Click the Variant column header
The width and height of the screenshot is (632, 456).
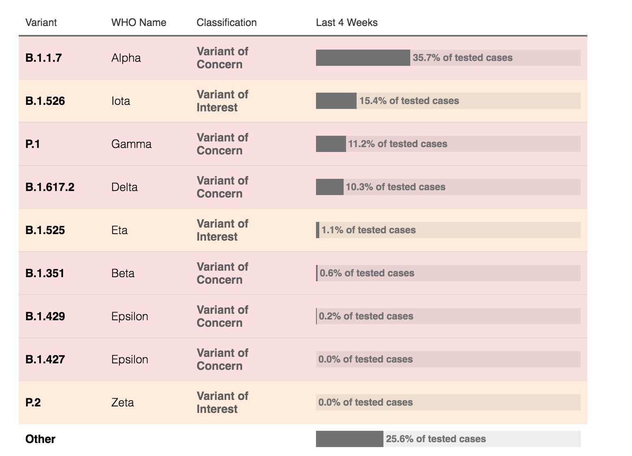click(41, 22)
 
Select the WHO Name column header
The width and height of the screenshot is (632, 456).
click(139, 22)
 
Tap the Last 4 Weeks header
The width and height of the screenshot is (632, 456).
click(346, 22)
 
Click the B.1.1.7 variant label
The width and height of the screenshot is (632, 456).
click(43, 58)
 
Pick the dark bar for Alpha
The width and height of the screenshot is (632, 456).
click(363, 58)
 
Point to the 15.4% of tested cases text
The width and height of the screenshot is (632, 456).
click(409, 101)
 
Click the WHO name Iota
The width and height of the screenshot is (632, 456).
click(121, 101)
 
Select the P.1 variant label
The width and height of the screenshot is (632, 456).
click(32, 144)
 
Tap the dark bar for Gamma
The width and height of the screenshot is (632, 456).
click(331, 144)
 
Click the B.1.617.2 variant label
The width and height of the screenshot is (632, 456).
click(50, 187)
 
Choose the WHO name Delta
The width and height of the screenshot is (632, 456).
click(124, 187)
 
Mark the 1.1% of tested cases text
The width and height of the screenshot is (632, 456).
click(368, 230)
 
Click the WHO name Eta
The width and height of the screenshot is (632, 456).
click(119, 230)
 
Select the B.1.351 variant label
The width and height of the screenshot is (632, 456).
click(45, 273)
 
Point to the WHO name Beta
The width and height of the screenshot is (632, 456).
click(123, 273)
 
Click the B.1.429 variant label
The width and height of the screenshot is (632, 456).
click(45, 316)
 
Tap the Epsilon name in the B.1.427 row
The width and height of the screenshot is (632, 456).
click(130, 359)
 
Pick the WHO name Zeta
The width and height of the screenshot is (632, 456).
click(122, 402)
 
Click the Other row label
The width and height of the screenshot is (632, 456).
click(40, 439)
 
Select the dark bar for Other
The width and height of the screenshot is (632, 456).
click(349, 439)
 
